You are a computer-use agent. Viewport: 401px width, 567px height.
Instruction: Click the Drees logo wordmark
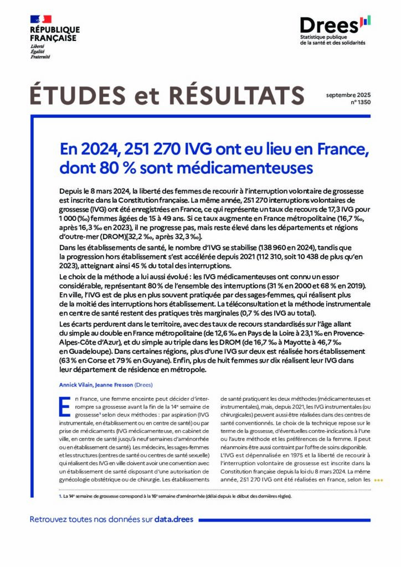pyautogui.click(x=329, y=25)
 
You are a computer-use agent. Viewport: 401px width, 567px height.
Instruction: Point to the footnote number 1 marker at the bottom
pyautogui.click(x=60, y=496)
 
